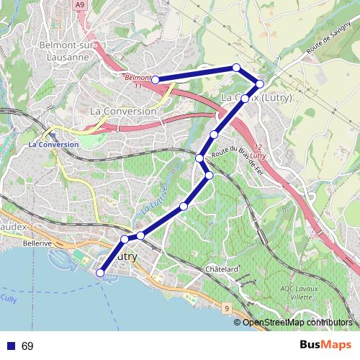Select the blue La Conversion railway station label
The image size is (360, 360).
point(53,144)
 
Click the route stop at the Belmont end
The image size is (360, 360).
point(155,80)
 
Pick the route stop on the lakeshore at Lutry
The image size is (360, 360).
point(100,272)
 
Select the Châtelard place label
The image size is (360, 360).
point(222,269)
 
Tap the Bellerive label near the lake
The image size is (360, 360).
point(37,244)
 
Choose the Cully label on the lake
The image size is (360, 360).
point(9,298)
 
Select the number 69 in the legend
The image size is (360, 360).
point(27,346)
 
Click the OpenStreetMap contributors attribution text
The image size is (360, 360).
point(296,323)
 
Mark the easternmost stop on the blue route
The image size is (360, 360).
point(260,84)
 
